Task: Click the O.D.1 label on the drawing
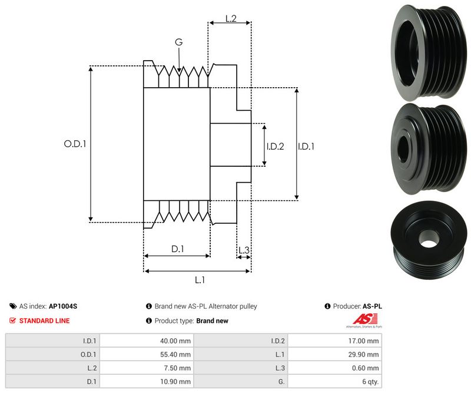point(75,143)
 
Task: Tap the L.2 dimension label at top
point(230,19)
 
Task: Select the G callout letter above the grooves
point(178,42)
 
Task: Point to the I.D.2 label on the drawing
point(275,147)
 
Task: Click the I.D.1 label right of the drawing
point(306,147)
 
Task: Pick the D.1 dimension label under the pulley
point(177,249)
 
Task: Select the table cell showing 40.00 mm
point(177,341)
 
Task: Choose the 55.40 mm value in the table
point(177,354)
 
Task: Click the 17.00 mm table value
point(366,341)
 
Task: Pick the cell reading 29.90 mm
point(366,354)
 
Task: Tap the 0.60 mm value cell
point(366,368)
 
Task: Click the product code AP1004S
point(63,306)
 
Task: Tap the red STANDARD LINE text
point(44,321)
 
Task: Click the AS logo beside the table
point(363,320)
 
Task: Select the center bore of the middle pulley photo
point(406,147)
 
